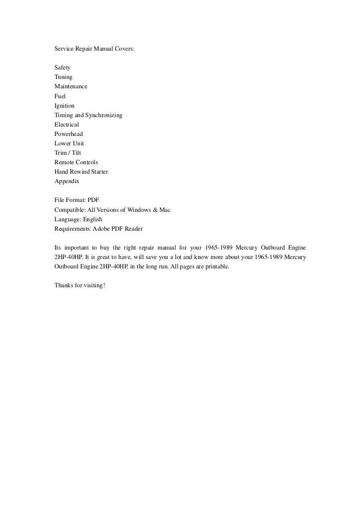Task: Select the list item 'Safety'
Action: pos(62,67)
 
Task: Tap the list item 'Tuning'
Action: pos(63,77)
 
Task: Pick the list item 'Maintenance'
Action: pos(71,86)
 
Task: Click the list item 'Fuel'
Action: pos(60,96)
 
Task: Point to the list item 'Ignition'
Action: pos(64,106)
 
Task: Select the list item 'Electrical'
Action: pos(67,125)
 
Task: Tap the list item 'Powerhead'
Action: pos(69,134)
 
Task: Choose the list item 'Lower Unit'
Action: pos(69,143)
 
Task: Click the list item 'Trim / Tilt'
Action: pos(68,153)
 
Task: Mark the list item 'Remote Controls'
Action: pos(76,162)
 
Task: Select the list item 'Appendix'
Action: pos(67,181)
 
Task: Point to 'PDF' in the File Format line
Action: pos(93,200)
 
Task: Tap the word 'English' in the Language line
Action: pos(93,219)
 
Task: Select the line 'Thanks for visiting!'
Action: pos(80,286)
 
